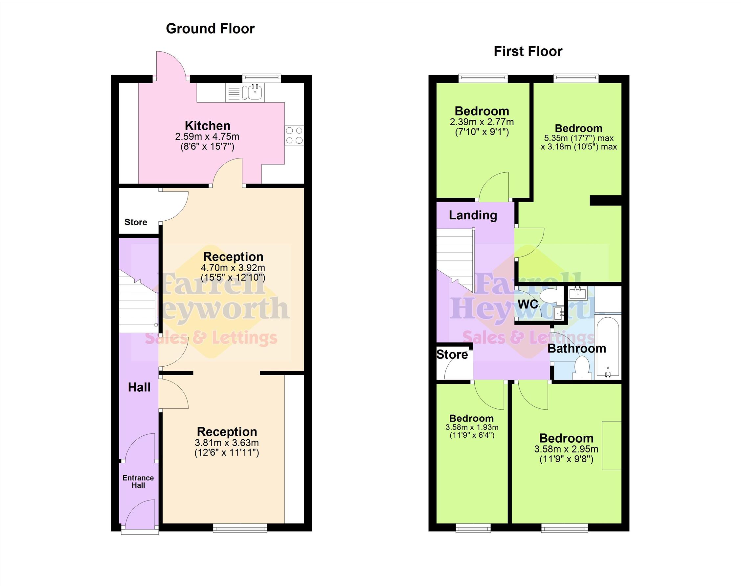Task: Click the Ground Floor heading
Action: [x=210, y=29]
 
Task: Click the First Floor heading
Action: [x=528, y=51]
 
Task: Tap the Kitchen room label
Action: [x=207, y=126]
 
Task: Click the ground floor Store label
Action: [x=136, y=222]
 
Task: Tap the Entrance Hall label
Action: [x=138, y=481]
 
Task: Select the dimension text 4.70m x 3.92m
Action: [x=233, y=268]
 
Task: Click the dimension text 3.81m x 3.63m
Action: [x=227, y=443]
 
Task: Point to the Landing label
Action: [x=473, y=215]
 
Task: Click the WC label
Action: [x=528, y=304]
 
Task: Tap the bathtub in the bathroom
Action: [x=608, y=347]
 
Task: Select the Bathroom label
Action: [x=577, y=349]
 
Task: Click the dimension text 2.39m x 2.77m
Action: [x=482, y=122]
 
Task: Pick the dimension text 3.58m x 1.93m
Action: [x=472, y=427]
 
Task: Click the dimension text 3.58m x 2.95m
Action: [x=566, y=449]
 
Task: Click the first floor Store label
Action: [x=452, y=354]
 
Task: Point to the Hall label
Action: [x=139, y=387]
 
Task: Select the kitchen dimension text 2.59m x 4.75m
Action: [x=207, y=136]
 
